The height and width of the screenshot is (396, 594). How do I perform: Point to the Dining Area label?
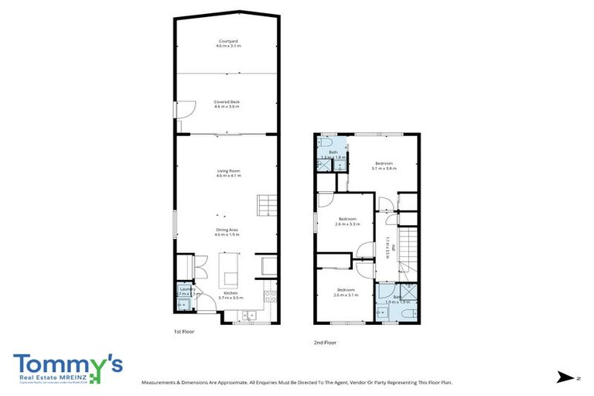point(227,230)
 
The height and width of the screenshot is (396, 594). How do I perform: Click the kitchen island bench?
point(230,268)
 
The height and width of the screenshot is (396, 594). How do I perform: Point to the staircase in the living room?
point(267,206)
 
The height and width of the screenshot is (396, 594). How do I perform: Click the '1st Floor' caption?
point(183,331)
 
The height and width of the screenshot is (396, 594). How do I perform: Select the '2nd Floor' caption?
point(326,343)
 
